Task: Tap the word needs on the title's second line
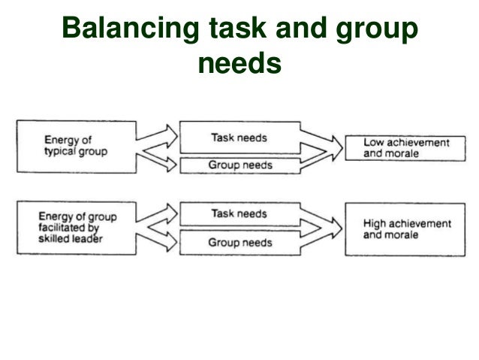(x=239, y=65)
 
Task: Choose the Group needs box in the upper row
(x=239, y=164)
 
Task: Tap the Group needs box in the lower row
(x=239, y=243)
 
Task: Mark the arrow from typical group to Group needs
(x=159, y=159)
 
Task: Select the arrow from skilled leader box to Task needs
(x=159, y=219)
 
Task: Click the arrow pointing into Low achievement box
(x=322, y=148)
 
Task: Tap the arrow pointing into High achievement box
(x=322, y=230)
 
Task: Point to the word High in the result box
(x=374, y=223)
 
